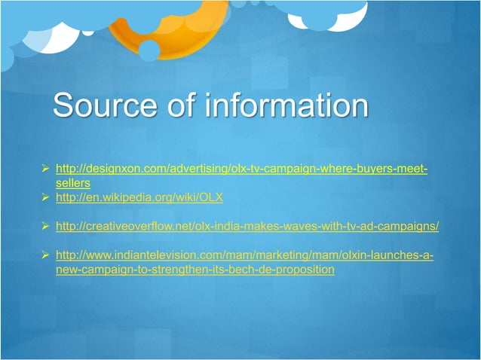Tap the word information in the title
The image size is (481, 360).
(x=286, y=105)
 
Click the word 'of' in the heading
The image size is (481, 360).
(x=180, y=105)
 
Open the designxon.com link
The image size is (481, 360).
(x=241, y=168)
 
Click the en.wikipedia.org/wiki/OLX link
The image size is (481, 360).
(x=139, y=197)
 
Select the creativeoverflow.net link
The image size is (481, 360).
(x=247, y=226)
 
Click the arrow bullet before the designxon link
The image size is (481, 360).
(x=45, y=168)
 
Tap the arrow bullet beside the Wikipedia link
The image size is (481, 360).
(x=45, y=197)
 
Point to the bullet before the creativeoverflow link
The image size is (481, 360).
(x=45, y=226)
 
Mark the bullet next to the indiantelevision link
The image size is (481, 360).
(x=45, y=255)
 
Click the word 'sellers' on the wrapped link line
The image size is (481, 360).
(x=73, y=182)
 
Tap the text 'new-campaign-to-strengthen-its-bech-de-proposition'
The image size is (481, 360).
(x=195, y=269)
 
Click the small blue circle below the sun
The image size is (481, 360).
(x=149, y=50)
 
